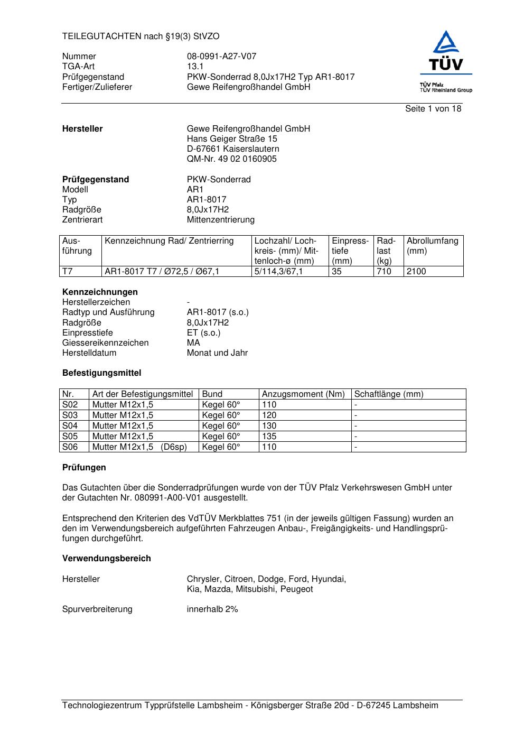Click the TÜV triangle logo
pos(446,51)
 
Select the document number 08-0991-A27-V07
pos(221,57)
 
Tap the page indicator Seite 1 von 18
pos(433,109)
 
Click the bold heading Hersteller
pos(82,129)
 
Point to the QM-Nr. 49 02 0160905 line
pos(231,159)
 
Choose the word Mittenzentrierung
pos(220,220)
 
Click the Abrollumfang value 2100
pos(416,272)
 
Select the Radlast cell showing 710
pos(384,272)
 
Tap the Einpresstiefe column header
pos(350,251)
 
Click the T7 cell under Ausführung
pos(68,272)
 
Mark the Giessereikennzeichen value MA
pos(193,343)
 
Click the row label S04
pos(70,426)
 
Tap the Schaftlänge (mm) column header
pos(388,394)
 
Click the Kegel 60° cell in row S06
pos(221,447)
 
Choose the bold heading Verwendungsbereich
pos(106,559)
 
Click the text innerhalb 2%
pos(212,609)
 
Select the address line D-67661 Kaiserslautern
pos(233,149)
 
